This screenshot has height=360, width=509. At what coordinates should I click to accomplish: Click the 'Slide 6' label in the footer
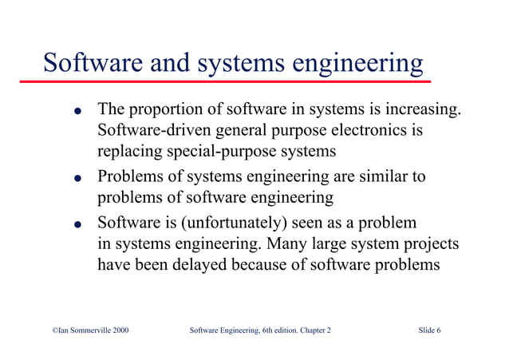coord(428,330)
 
